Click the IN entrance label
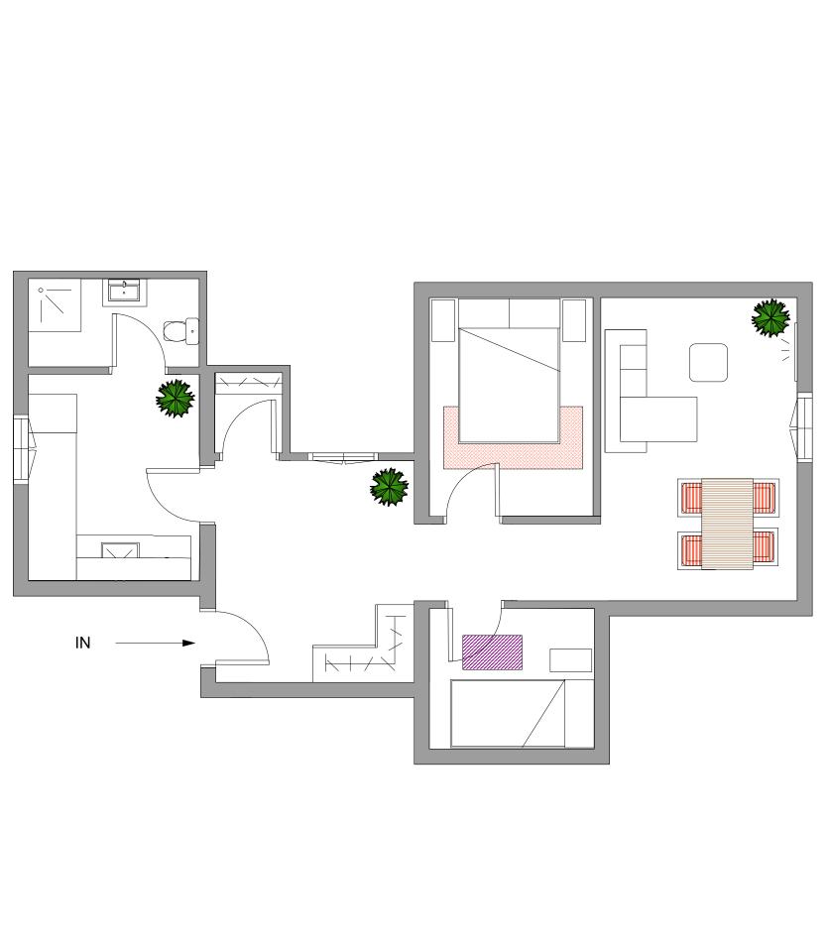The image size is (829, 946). tap(83, 643)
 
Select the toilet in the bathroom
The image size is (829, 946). tap(180, 330)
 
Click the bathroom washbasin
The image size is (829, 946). tap(124, 292)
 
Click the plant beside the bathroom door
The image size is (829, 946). tap(176, 399)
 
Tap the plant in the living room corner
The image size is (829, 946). tap(770, 317)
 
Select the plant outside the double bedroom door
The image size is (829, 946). tap(389, 487)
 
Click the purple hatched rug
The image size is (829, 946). tap(492, 651)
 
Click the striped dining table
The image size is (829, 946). tap(727, 523)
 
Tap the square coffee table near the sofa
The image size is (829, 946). tap(708, 362)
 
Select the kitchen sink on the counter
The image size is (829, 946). tap(118, 549)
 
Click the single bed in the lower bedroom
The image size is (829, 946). tap(508, 713)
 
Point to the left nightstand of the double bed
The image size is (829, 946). tap(442, 320)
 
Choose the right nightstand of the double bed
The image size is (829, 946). tap(574, 320)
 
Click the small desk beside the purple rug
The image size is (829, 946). tap(570, 659)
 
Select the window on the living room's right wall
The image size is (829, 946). tap(802, 426)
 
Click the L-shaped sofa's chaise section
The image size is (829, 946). tap(659, 418)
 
